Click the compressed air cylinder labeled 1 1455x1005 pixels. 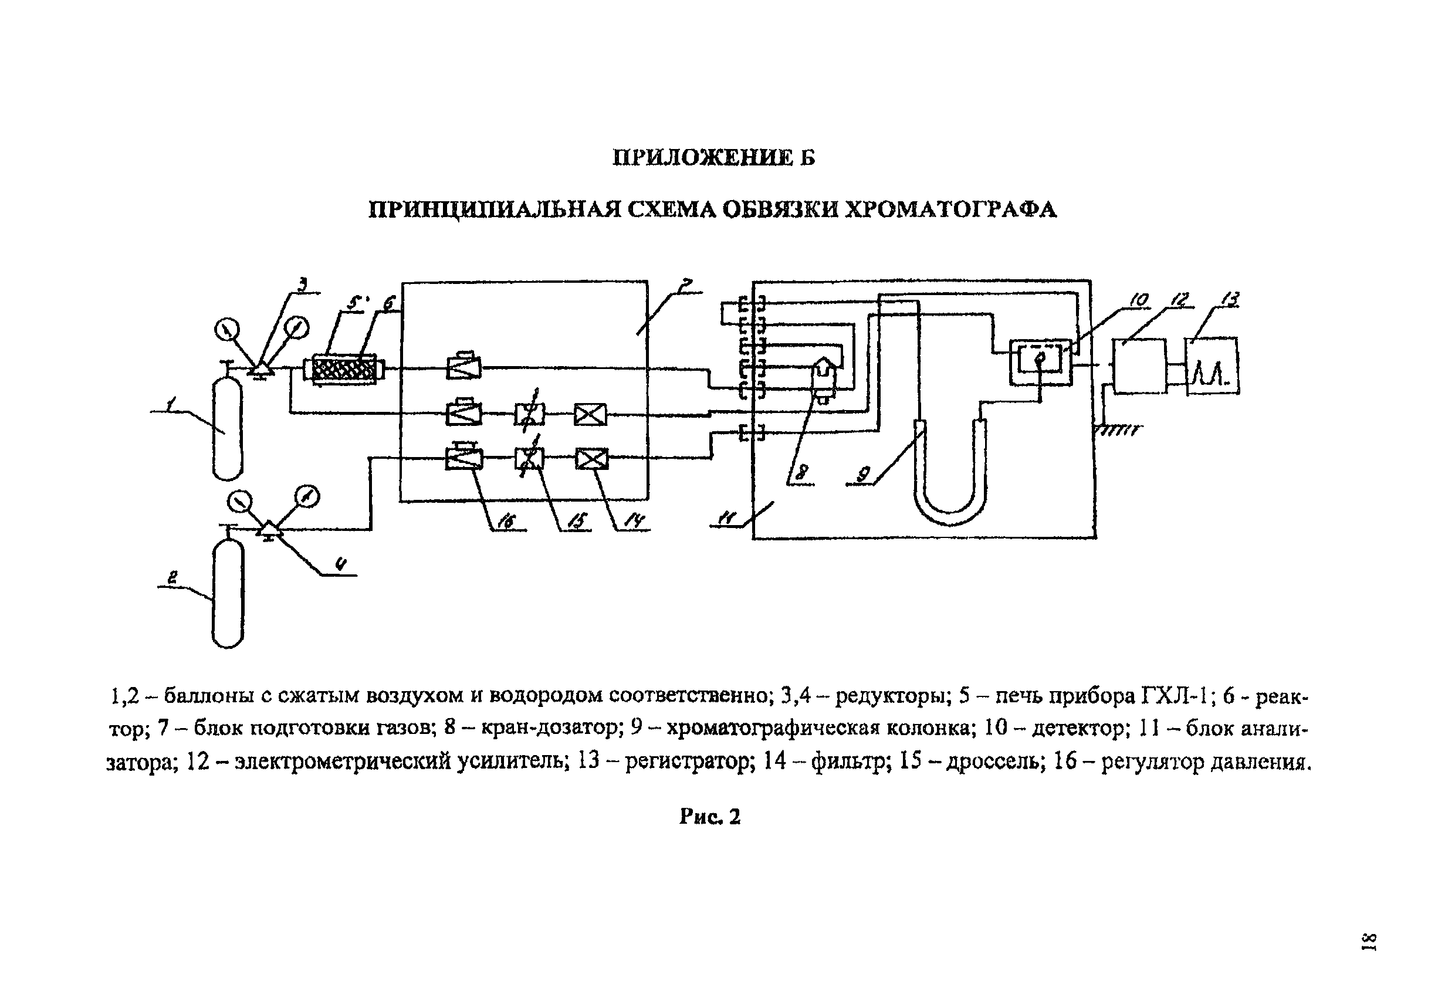coord(227,428)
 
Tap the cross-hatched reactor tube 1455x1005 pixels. coord(344,368)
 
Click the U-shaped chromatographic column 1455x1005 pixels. coord(950,472)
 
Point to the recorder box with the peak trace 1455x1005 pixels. coord(1213,367)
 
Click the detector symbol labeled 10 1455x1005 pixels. coord(1040,363)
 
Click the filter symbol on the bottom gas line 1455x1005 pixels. coord(592,459)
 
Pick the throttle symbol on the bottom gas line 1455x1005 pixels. coord(530,458)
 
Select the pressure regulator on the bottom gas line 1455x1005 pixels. coord(464,456)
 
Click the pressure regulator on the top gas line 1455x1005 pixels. coord(463,366)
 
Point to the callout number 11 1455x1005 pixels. coord(727,517)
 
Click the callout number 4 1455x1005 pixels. coord(341,565)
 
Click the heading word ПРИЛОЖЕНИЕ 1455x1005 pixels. coord(702,157)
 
